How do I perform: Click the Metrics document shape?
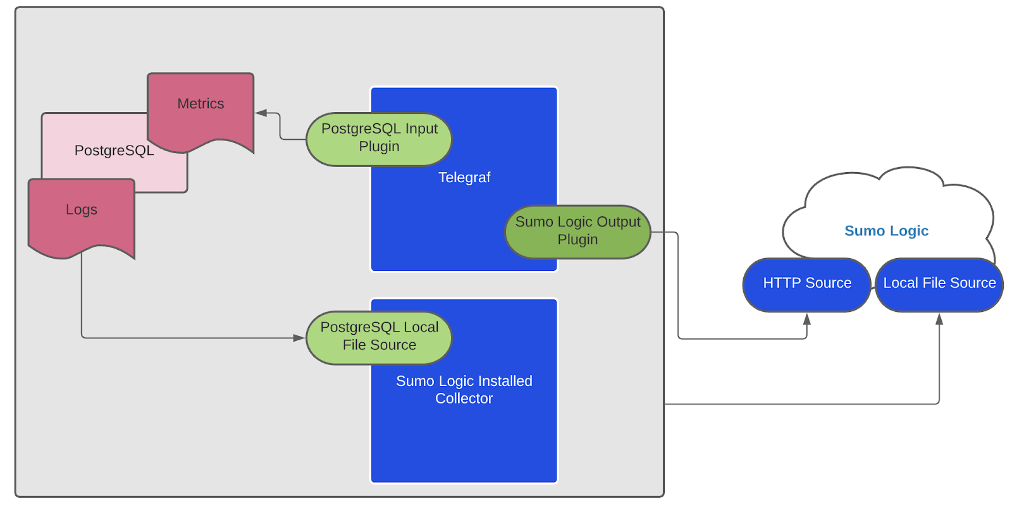click(201, 111)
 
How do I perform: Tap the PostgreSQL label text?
click(114, 151)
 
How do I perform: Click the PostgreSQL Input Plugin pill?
click(379, 139)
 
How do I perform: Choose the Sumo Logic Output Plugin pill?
click(577, 232)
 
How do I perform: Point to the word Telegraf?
click(464, 178)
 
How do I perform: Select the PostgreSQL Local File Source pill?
click(379, 337)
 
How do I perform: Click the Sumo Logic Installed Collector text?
click(464, 390)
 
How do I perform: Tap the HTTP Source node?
click(806, 284)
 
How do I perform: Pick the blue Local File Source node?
click(939, 284)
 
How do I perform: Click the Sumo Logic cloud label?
click(886, 231)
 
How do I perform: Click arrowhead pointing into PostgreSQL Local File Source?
click(299, 338)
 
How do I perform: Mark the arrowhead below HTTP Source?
click(806, 319)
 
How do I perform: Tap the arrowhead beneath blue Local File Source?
click(939, 319)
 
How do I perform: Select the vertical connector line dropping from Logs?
click(82, 297)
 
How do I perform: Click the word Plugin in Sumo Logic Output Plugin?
click(577, 240)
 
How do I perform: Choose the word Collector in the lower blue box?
click(464, 399)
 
